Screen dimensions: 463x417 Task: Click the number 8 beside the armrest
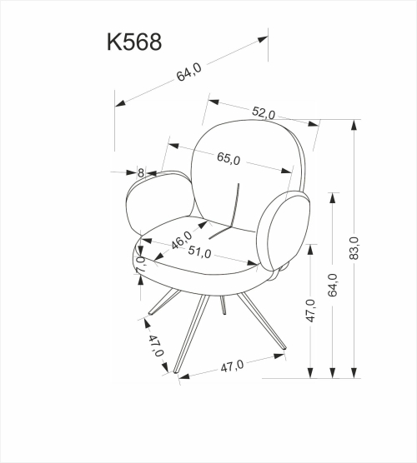point(141,173)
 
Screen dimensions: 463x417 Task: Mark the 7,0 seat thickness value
point(141,266)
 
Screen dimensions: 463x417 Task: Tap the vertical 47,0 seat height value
point(310,311)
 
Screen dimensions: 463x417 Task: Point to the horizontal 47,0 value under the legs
point(230,365)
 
